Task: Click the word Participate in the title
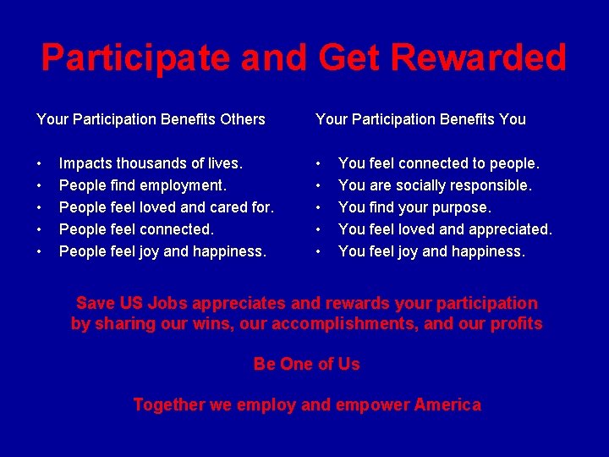pos(136,58)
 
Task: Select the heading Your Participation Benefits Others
pos(151,119)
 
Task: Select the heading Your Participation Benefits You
pos(420,119)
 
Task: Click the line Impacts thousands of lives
pos(151,163)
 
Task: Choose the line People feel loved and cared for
pos(167,207)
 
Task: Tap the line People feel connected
pos(136,229)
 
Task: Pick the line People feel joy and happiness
pos(162,251)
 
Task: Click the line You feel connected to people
pos(438,163)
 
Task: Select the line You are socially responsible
pos(435,185)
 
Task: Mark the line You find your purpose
pos(414,207)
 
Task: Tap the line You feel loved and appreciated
pos(445,229)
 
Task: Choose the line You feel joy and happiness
pos(431,251)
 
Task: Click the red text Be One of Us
pos(306,365)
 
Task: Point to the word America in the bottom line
pos(447,405)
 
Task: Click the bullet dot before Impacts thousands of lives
pos(40,163)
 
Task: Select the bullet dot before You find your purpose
pos(319,207)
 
